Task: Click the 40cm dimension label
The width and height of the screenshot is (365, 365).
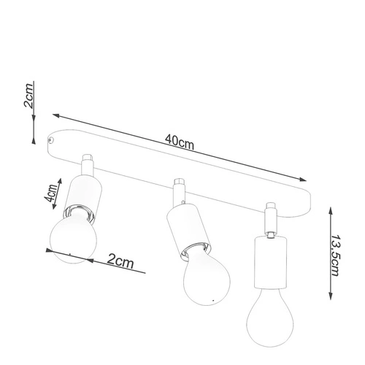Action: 179,141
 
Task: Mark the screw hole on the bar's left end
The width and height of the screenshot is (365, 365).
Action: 52,137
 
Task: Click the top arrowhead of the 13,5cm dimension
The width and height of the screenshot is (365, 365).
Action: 333,209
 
